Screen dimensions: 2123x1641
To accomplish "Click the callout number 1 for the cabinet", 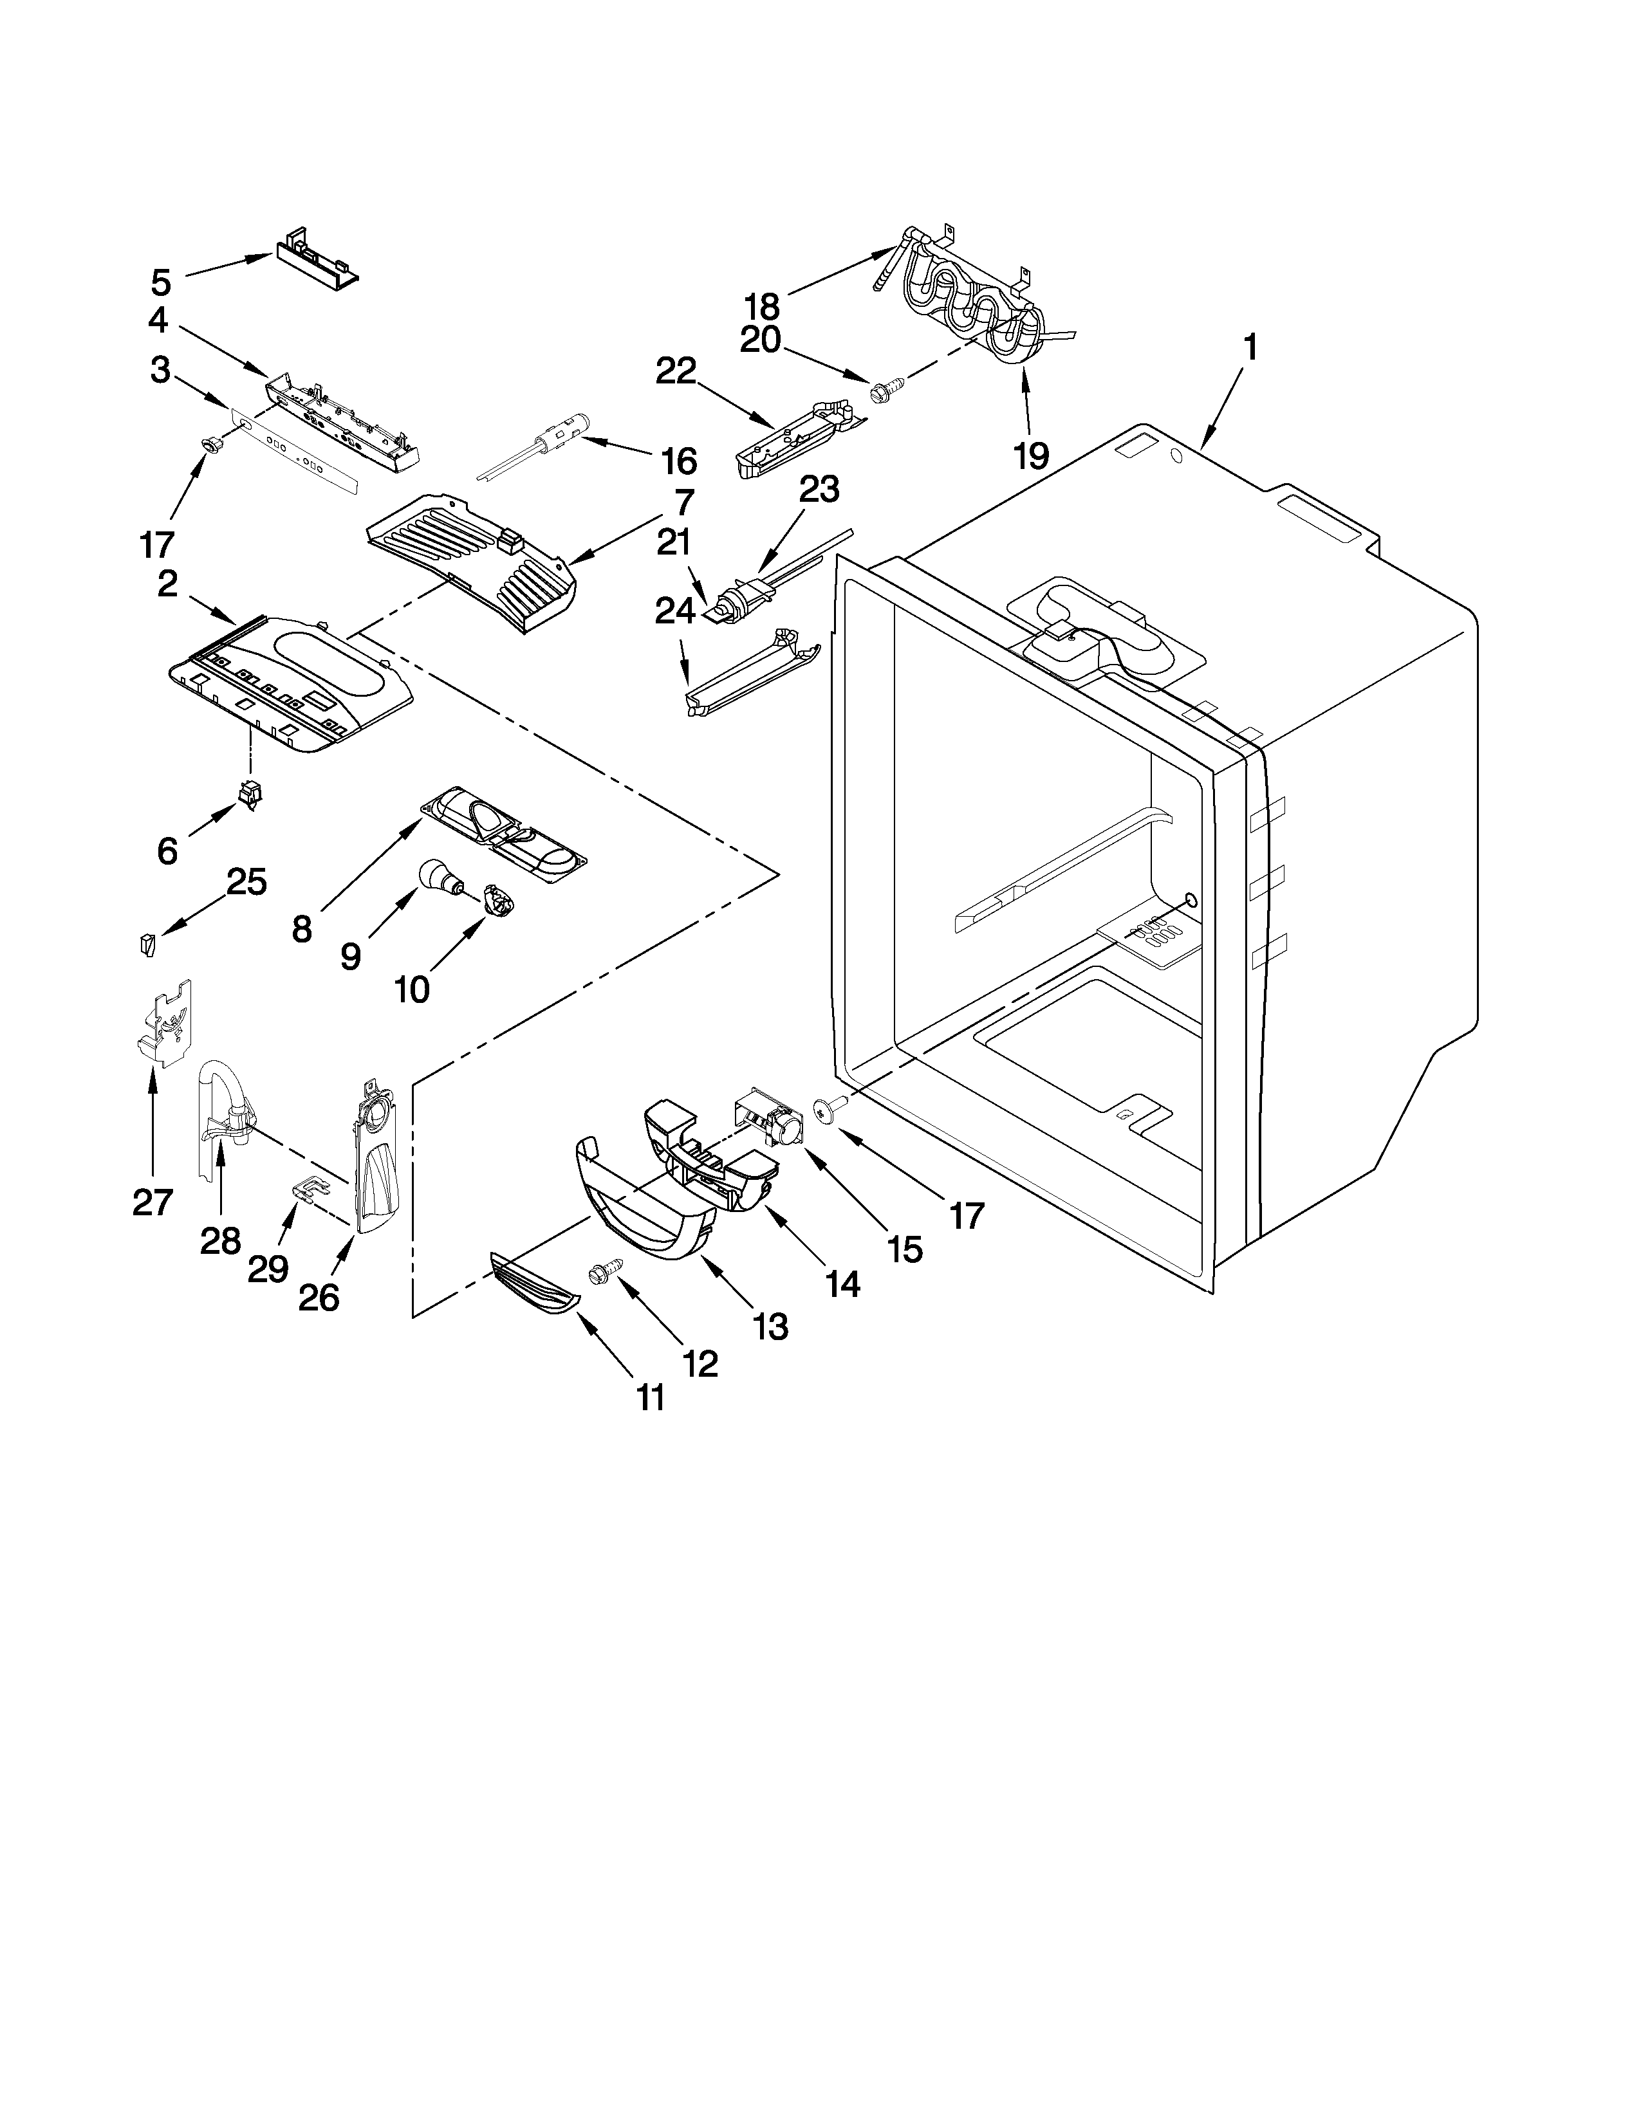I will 1250,348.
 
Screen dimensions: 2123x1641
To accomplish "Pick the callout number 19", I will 1030,454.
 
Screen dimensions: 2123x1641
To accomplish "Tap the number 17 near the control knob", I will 156,544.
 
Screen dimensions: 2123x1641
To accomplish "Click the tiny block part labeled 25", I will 146,943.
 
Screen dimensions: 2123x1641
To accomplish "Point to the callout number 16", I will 678,460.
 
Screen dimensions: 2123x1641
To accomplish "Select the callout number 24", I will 674,611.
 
